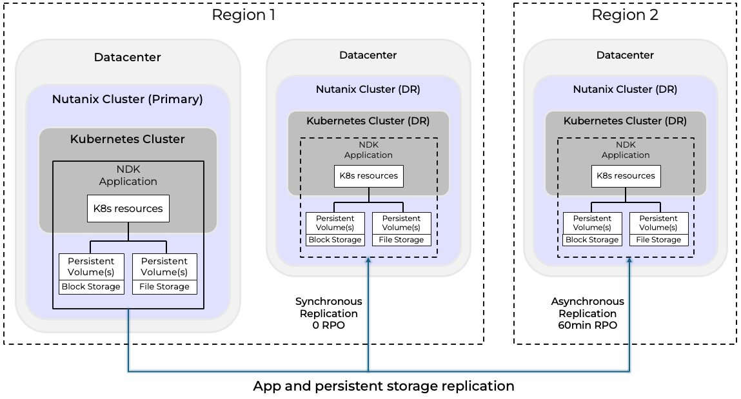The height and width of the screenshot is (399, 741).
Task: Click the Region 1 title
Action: click(x=243, y=15)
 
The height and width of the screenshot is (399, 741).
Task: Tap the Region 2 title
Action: click(x=625, y=15)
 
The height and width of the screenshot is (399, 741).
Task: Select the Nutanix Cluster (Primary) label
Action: click(x=127, y=99)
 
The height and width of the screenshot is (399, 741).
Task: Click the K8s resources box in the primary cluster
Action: click(x=128, y=209)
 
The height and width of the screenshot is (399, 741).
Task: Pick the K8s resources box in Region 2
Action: click(x=626, y=175)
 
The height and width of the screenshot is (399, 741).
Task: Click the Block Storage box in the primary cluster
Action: click(x=90, y=286)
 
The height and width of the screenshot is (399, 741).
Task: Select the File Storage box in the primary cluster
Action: click(x=164, y=286)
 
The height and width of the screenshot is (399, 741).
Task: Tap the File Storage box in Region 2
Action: click(x=658, y=239)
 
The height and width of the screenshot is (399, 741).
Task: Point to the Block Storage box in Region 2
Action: click(x=592, y=239)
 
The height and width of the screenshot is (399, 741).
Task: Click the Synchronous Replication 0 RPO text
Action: click(x=328, y=313)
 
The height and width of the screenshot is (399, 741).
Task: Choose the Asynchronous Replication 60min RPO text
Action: click(x=588, y=313)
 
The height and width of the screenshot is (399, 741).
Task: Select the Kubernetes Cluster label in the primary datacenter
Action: click(x=128, y=139)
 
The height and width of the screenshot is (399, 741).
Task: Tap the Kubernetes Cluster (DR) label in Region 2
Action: click(x=625, y=121)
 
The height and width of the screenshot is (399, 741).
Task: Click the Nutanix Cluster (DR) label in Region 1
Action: click(x=368, y=90)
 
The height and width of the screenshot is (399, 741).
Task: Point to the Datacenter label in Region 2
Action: click(x=625, y=55)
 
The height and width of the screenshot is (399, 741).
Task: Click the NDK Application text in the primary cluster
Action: click(x=128, y=176)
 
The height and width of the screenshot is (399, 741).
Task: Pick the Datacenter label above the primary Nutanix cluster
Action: click(x=127, y=57)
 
